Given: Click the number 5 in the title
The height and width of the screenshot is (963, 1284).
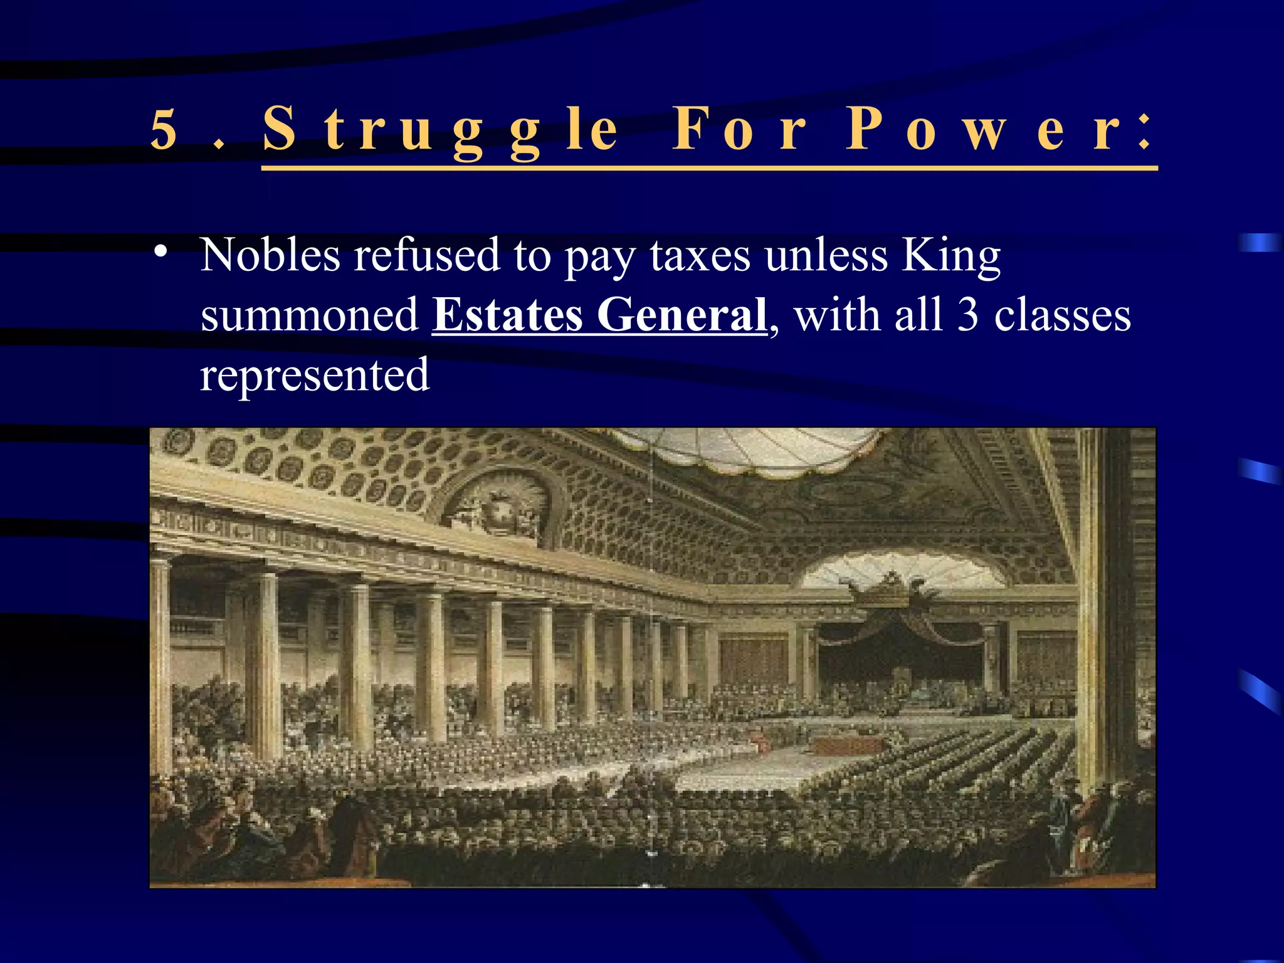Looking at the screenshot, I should (164, 130).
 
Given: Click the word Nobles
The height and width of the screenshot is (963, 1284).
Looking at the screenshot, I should (270, 255).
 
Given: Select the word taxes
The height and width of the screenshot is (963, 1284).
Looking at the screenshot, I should (700, 256).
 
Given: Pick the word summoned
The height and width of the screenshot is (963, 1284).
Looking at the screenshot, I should (309, 315).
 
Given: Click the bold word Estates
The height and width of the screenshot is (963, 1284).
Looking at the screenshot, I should (508, 315).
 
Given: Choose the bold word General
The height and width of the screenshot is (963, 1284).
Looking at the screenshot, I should (682, 315).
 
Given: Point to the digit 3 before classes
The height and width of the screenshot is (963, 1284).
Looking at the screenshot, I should (968, 315).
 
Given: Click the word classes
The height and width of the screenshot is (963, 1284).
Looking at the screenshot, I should (1062, 315).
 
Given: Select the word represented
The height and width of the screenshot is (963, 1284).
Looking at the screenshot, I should (315, 375).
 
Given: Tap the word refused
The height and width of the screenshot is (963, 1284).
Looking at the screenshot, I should (426, 255).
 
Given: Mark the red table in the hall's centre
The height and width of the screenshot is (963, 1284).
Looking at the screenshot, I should (846, 745).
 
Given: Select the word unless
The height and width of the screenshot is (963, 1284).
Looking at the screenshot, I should (826, 255).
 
